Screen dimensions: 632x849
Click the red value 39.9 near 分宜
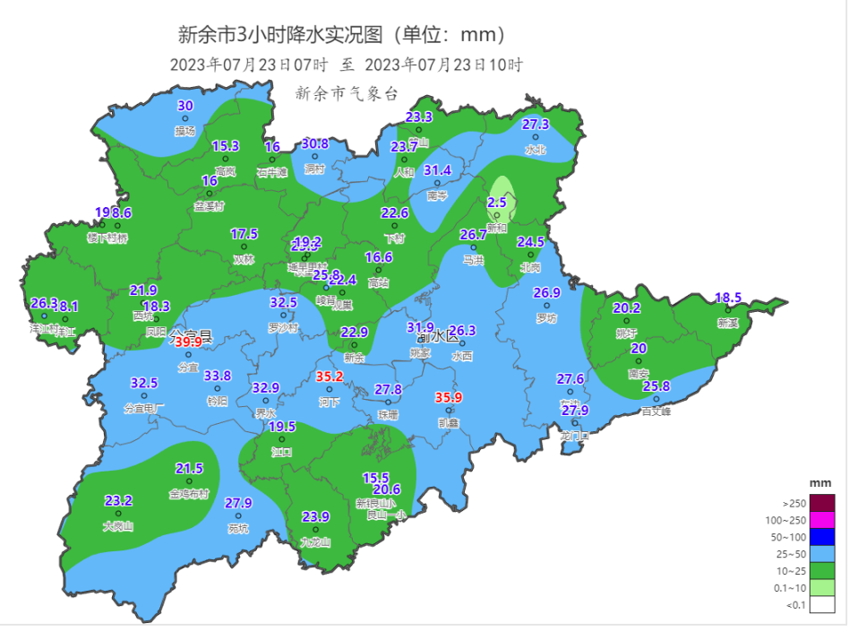(188, 342)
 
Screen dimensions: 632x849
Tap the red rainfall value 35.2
(329, 376)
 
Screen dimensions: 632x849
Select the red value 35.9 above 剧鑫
(449, 397)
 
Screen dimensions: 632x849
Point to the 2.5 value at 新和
(497, 203)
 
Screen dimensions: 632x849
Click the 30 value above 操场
(185, 106)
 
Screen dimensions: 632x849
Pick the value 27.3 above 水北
(536, 125)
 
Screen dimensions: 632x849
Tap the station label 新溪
(727, 323)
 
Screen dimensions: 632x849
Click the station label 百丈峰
(656, 412)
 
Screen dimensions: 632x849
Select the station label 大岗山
(118, 527)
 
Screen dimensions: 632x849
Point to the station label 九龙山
(315, 542)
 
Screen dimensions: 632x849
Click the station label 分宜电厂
(144, 409)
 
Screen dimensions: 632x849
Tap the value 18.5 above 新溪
(728, 298)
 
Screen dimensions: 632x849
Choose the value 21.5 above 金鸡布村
(189, 469)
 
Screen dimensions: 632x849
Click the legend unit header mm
(820, 483)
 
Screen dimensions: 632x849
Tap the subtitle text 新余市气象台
(346, 93)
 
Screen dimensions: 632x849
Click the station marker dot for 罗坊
(545, 306)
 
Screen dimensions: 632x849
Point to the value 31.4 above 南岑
(437, 170)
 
